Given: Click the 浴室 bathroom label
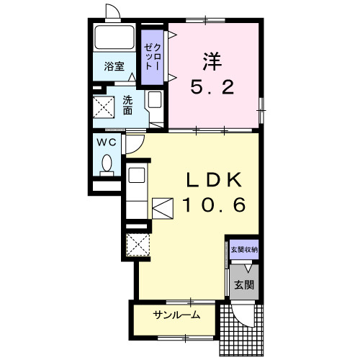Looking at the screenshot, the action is point(114,66).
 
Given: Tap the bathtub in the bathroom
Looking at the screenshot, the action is point(114,37).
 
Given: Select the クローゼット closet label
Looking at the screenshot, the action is point(152,57).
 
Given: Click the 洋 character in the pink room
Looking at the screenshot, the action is point(212,62).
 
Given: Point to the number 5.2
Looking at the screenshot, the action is point(212,86).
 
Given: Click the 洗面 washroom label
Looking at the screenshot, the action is point(127,105).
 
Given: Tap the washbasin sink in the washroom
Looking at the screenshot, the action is point(154,99).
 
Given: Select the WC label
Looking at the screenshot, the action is point(107,143).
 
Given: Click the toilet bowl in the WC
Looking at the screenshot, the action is point(107,163).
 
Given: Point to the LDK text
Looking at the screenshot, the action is point(214,180).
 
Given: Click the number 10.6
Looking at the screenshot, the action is point(215,204).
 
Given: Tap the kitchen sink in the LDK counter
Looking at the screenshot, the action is point(137,175).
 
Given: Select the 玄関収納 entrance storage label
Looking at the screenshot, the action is point(244,250).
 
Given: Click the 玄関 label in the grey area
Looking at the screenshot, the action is point(244,285).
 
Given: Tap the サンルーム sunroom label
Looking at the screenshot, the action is point(176,315).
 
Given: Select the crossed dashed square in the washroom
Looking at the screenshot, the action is point(104,107).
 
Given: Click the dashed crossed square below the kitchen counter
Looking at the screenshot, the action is point(138,245).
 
